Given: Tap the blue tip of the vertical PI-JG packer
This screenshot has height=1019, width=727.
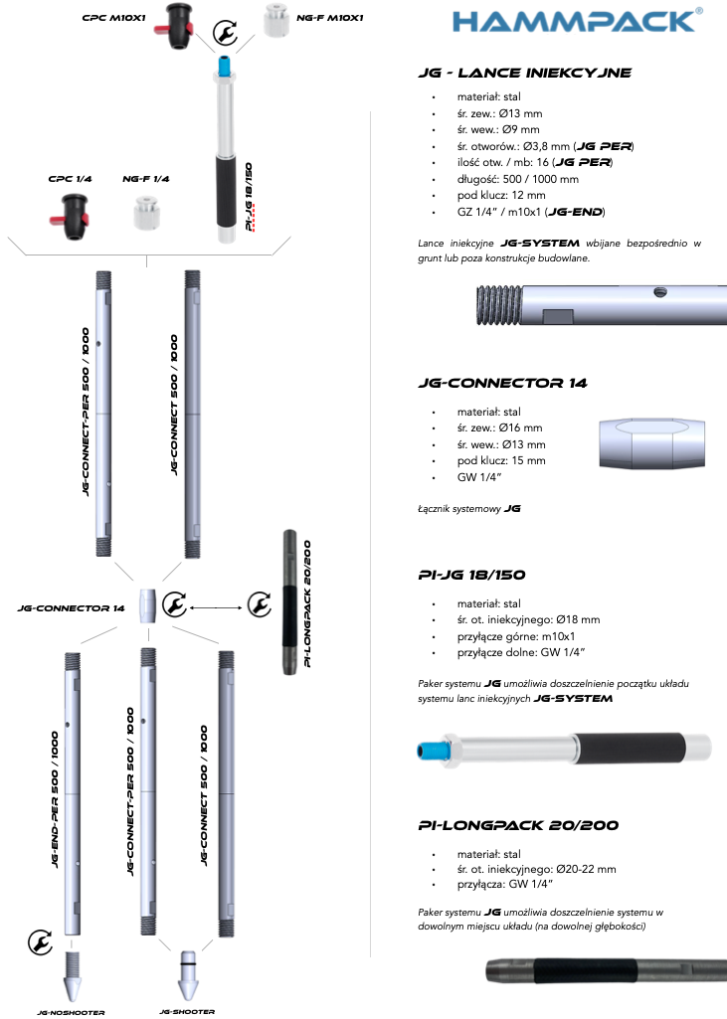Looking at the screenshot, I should [224, 71].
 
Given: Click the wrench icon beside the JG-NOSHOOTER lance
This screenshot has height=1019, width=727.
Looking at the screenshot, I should [40, 939].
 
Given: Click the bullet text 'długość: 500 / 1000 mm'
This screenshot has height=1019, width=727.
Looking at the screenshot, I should [517, 179].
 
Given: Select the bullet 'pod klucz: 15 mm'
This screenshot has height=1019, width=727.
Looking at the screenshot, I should [501, 461].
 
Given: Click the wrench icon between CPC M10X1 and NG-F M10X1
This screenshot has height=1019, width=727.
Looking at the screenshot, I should [227, 35].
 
